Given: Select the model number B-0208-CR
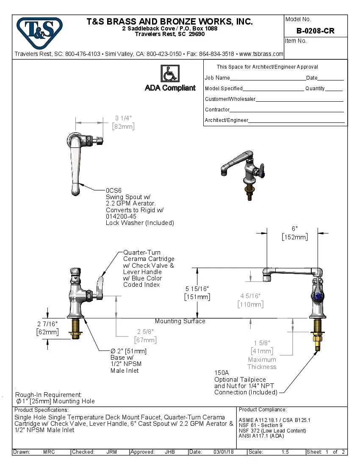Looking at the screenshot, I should (316, 31).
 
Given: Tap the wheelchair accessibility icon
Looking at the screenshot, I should (170, 74).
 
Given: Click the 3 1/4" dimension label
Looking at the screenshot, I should (123, 118).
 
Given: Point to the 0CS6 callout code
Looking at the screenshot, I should (114, 191).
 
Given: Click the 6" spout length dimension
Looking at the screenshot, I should (295, 228).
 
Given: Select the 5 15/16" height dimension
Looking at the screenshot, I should (197, 288).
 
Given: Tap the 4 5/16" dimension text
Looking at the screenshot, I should (250, 296).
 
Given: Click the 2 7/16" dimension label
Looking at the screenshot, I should (47, 324).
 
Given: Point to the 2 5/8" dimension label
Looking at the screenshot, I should (145, 331).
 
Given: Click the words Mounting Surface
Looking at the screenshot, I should (180, 321).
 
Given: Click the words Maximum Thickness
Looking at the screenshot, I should (262, 363).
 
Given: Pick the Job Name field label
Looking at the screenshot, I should (217, 78).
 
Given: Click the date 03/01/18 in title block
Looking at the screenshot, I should (224, 452).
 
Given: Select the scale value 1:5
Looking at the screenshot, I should (285, 452).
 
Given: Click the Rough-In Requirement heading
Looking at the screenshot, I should (49, 394).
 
